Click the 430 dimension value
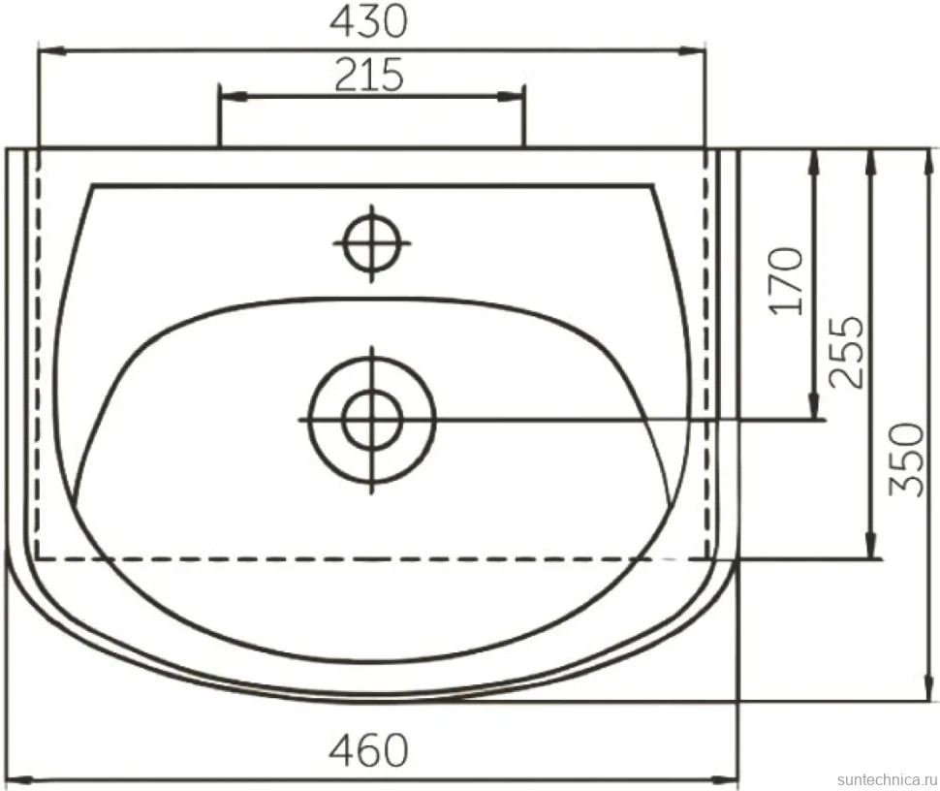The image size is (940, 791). click(x=368, y=23)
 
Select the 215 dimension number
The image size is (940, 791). click(x=369, y=75)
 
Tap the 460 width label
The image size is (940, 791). click(x=368, y=749)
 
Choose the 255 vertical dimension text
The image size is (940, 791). click(x=846, y=352)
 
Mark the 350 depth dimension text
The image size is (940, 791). click(x=906, y=460)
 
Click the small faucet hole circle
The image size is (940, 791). click(x=372, y=243)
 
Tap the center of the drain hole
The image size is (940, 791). click(x=372, y=420)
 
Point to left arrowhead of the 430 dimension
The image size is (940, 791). click(x=50, y=52)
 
